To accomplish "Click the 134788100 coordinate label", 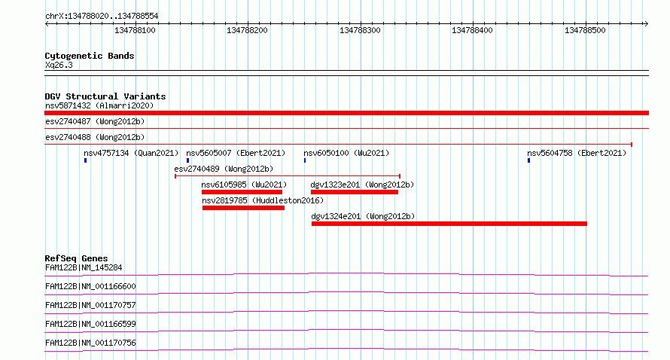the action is (x=135, y=30).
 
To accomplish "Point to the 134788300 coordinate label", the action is (x=360, y=30).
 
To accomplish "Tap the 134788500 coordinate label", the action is (x=585, y=30).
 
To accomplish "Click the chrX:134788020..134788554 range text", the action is (x=102, y=16).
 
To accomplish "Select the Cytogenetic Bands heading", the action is (x=90, y=56).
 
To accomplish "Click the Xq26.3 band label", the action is (x=59, y=65).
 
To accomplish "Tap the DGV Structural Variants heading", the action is (x=105, y=96).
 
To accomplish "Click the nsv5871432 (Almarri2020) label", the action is (x=99, y=105).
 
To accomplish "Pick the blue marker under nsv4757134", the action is (x=86, y=160).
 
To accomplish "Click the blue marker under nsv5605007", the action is (x=187, y=160).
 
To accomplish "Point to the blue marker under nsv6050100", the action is (x=305, y=160).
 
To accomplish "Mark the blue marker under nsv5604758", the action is (x=528, y=160).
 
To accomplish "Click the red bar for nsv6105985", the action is (x=242, y=192).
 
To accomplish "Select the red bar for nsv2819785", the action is (x=244, y=208).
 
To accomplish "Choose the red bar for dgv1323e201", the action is (x=355, y=192).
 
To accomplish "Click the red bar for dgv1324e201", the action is (x=449, y=224).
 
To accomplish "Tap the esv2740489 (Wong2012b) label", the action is (x=224, y=169).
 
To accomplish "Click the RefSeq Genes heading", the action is (x=76, y=258).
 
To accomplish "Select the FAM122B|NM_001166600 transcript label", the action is (x=90, y=286).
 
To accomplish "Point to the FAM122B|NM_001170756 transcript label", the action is (x=90, y=343).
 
